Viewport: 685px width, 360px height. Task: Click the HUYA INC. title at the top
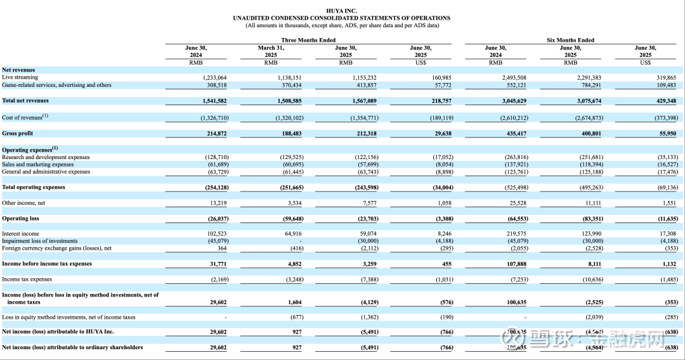pos(341,11)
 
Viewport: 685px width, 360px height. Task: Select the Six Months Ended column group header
pos(570,40)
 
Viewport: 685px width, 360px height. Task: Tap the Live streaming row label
pos(20,77)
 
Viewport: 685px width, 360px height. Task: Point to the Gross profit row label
pos(18,134)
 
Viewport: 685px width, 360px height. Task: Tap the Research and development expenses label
pos(46,157)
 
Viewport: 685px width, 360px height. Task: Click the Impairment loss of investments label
pos(40,241)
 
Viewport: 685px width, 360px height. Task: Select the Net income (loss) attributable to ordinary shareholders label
pos(72,347)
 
